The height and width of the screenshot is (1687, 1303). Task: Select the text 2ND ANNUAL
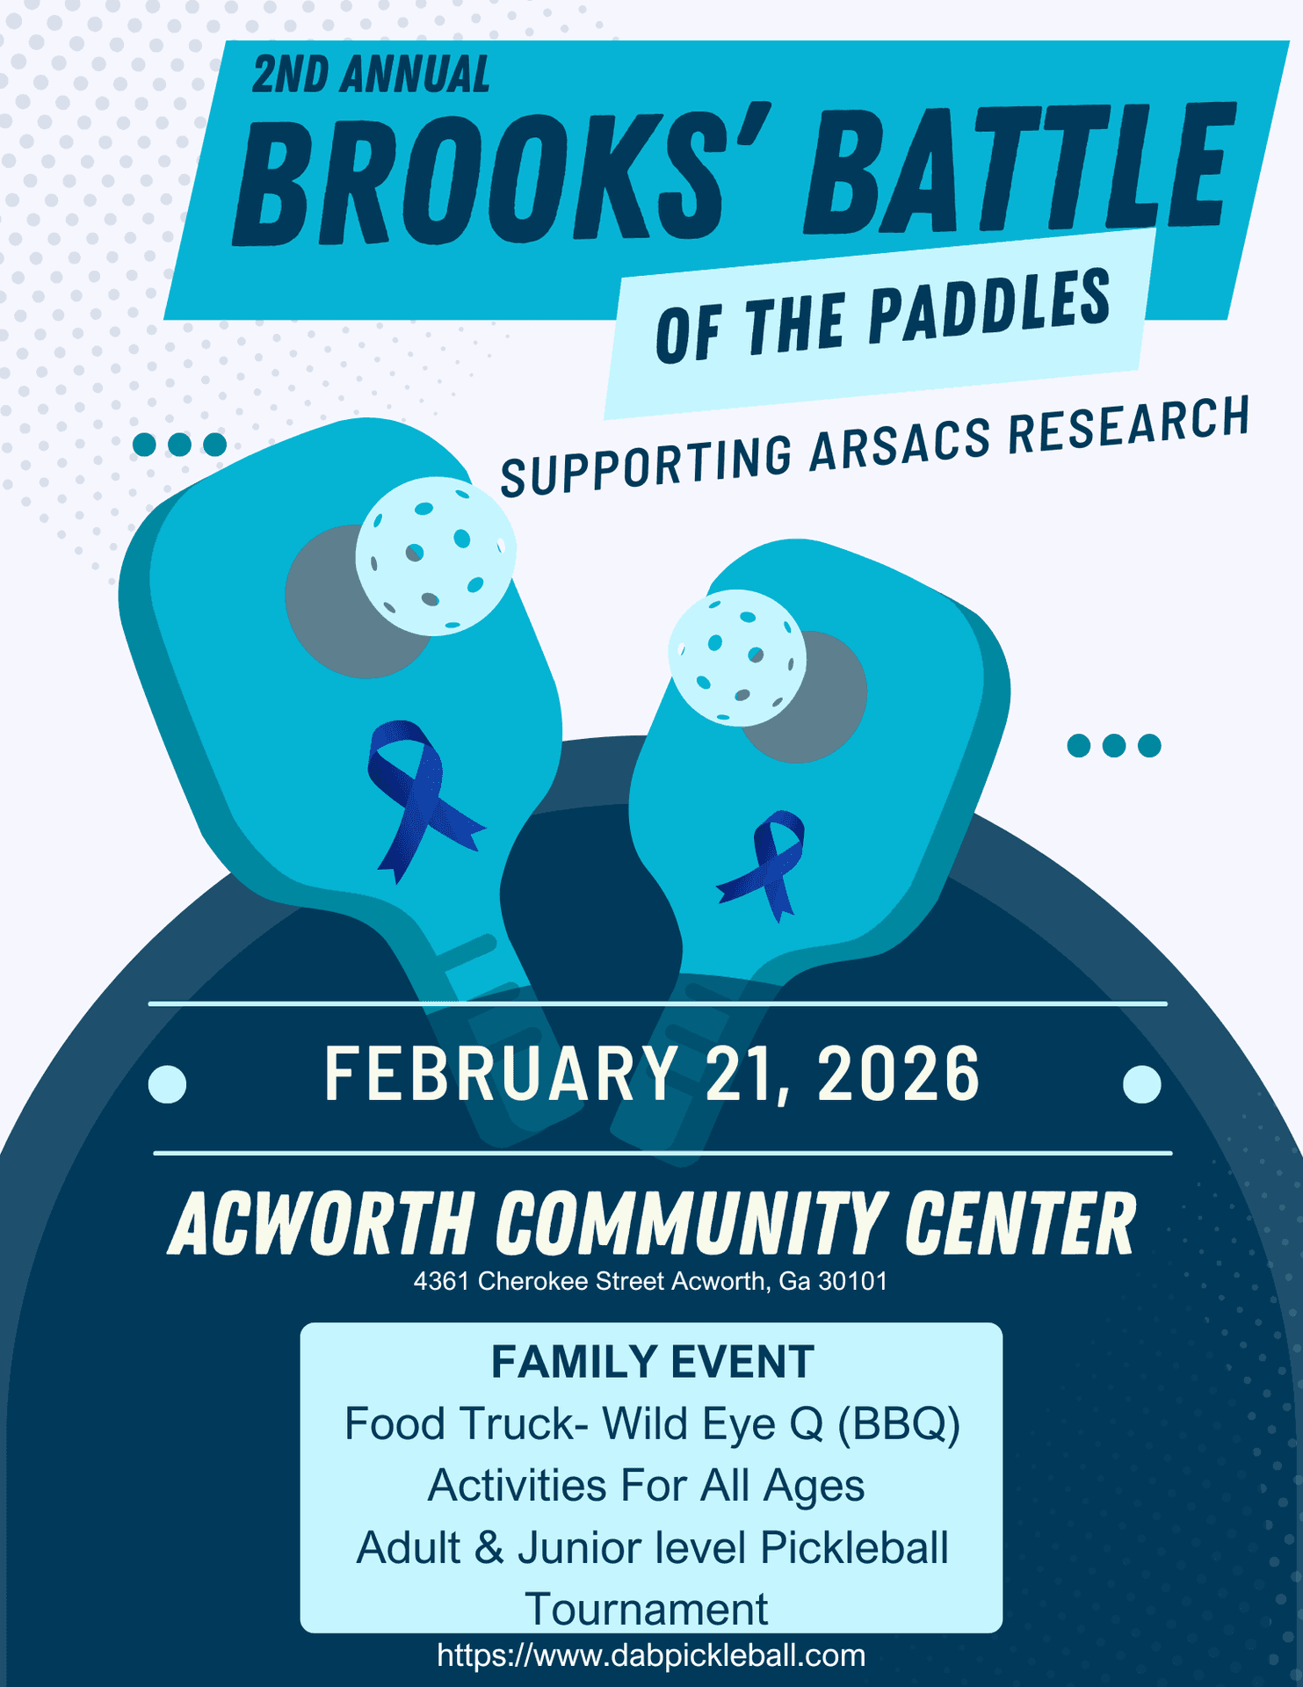tap(371, 75)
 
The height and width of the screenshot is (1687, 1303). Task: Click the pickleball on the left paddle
tap(436, 555)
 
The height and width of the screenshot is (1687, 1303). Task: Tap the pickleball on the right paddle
tap(737, 657)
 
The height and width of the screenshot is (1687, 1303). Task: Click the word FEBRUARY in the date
tap(501, 1074)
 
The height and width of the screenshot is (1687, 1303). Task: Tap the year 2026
tap(898, 1074)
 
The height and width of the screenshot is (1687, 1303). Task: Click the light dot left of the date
tap(168, 1083)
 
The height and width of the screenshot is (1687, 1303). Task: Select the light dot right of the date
tap(1141, 1083)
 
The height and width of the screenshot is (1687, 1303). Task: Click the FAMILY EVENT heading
tap(652, 1362)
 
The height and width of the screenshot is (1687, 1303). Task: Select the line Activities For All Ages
tap(646, 1486)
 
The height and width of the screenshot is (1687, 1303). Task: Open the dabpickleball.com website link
tap(651, 1655)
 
